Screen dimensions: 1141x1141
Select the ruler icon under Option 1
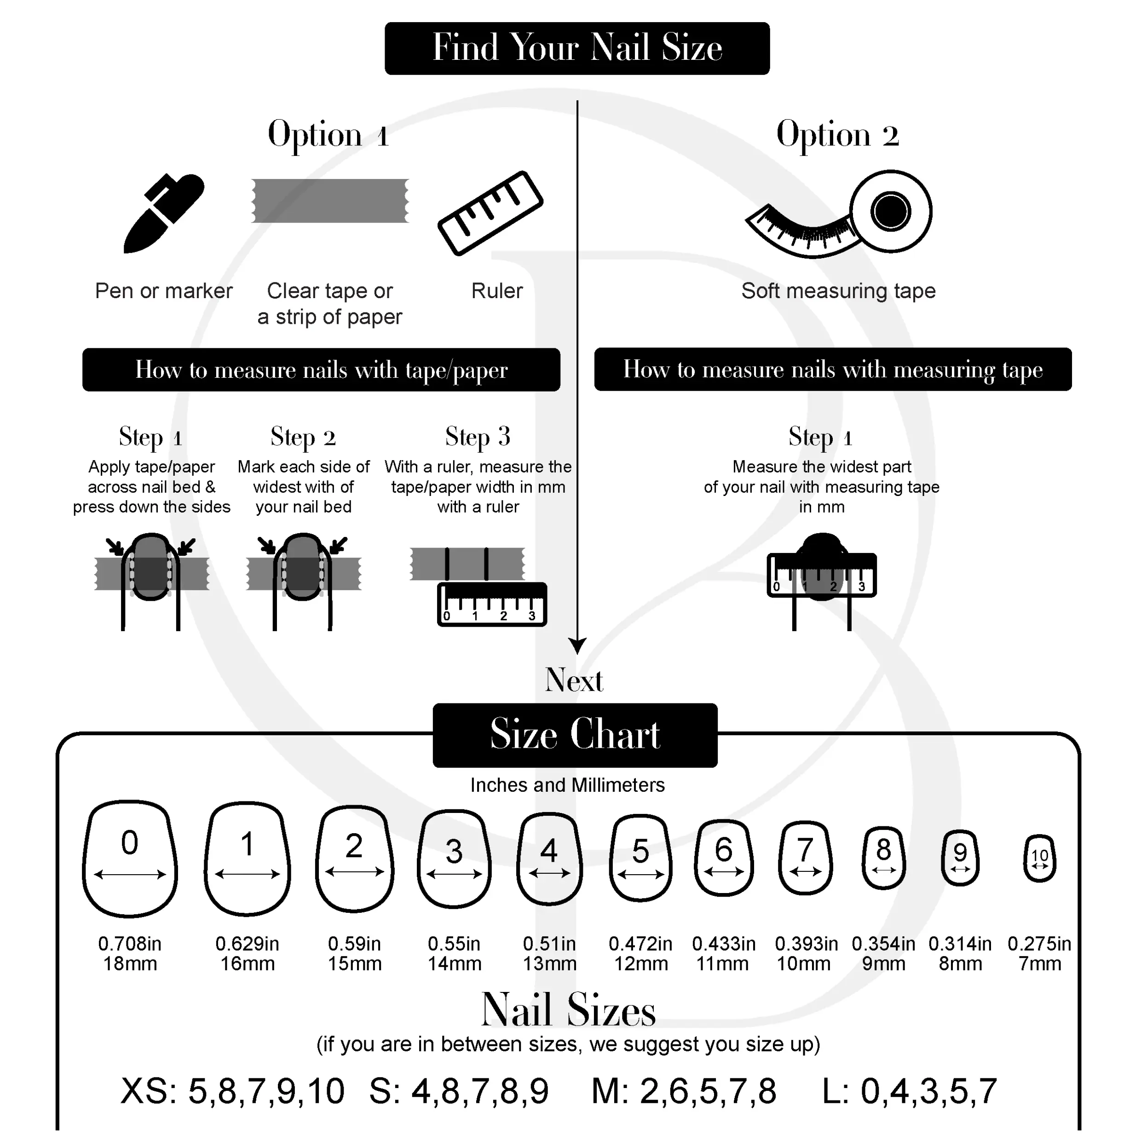(x=490, y=213)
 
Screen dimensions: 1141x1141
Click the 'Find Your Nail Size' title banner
(x=577, y=48)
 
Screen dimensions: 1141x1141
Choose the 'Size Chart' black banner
(x=575, y=735)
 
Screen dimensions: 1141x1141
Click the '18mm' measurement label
(x=130, y=964)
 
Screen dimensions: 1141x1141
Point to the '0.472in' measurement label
(x=641, y=944)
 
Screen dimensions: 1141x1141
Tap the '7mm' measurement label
(x=1039, y=964)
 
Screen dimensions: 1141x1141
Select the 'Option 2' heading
(x=837, y=135)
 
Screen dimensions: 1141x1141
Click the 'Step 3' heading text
(x=478, y=437)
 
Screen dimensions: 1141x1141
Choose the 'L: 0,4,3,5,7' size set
(x=910, y=1091)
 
